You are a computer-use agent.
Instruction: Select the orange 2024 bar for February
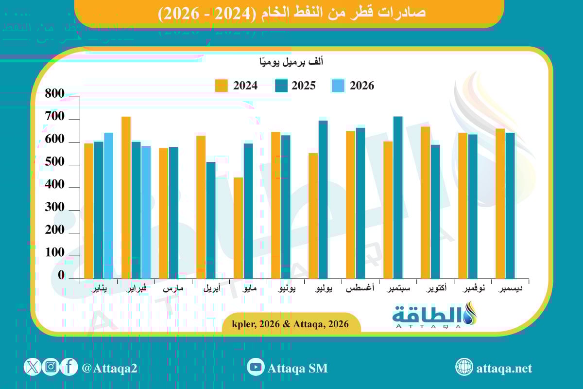coord(126,197)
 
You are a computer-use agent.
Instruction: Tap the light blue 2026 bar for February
coord(146,212)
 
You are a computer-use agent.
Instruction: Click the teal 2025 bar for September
coord(398,197)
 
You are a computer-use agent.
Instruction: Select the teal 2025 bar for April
coord(211,220)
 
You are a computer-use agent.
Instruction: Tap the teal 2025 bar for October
coord(435,212)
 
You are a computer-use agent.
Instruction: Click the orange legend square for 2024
coord(222,86)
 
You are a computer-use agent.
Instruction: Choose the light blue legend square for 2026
coord(338,86)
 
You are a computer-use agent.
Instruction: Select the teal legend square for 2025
coord(282,86)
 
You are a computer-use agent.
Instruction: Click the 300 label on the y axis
coord(54,208)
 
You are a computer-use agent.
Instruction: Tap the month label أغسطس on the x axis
coord(360,289)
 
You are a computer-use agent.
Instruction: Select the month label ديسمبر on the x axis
coord(511,289)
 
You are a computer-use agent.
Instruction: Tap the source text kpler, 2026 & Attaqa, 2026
coord(291,324)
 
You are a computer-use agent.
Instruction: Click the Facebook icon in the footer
coord(69,367)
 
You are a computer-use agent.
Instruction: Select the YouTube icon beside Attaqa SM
coord(256,367)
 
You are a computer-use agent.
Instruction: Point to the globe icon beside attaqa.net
coord(464,367)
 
